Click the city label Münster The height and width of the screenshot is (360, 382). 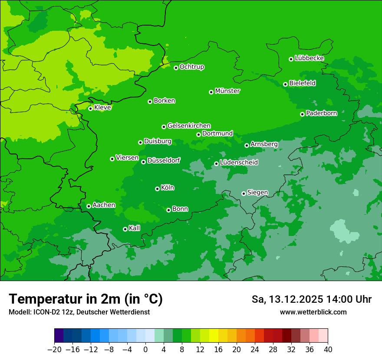[x=227, y=91]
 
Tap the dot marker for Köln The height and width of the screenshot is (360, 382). [x=157, y=189]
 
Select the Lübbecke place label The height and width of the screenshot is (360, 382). [x=309, y=58]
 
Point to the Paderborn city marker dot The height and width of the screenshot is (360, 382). [x=302, y=114]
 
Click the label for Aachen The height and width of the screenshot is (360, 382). [x=104, y=205]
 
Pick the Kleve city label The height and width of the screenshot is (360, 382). [x=102, y=108]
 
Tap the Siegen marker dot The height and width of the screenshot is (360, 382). [x=244, y=193]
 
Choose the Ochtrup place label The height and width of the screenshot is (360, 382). [x=192, y=67]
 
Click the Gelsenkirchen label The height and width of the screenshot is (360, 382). [x=189, y=126]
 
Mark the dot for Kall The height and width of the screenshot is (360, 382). [x=125, y=229]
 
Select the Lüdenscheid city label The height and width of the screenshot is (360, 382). [x=239, y=163]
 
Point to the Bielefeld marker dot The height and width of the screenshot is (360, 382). [x=285, y=84]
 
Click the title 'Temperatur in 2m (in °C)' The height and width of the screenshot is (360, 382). [x=86, y=299]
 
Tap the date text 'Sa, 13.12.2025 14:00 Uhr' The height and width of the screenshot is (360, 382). [x=312, y=299]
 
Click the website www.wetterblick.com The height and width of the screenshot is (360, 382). [x=313, y=312]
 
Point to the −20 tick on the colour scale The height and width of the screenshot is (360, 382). [x=54, y=350]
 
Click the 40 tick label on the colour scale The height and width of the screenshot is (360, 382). [x=328, y=350]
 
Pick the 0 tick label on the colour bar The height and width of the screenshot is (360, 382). [x=145, y=350]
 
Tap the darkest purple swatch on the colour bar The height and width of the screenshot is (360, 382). [x=59, y=336]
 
